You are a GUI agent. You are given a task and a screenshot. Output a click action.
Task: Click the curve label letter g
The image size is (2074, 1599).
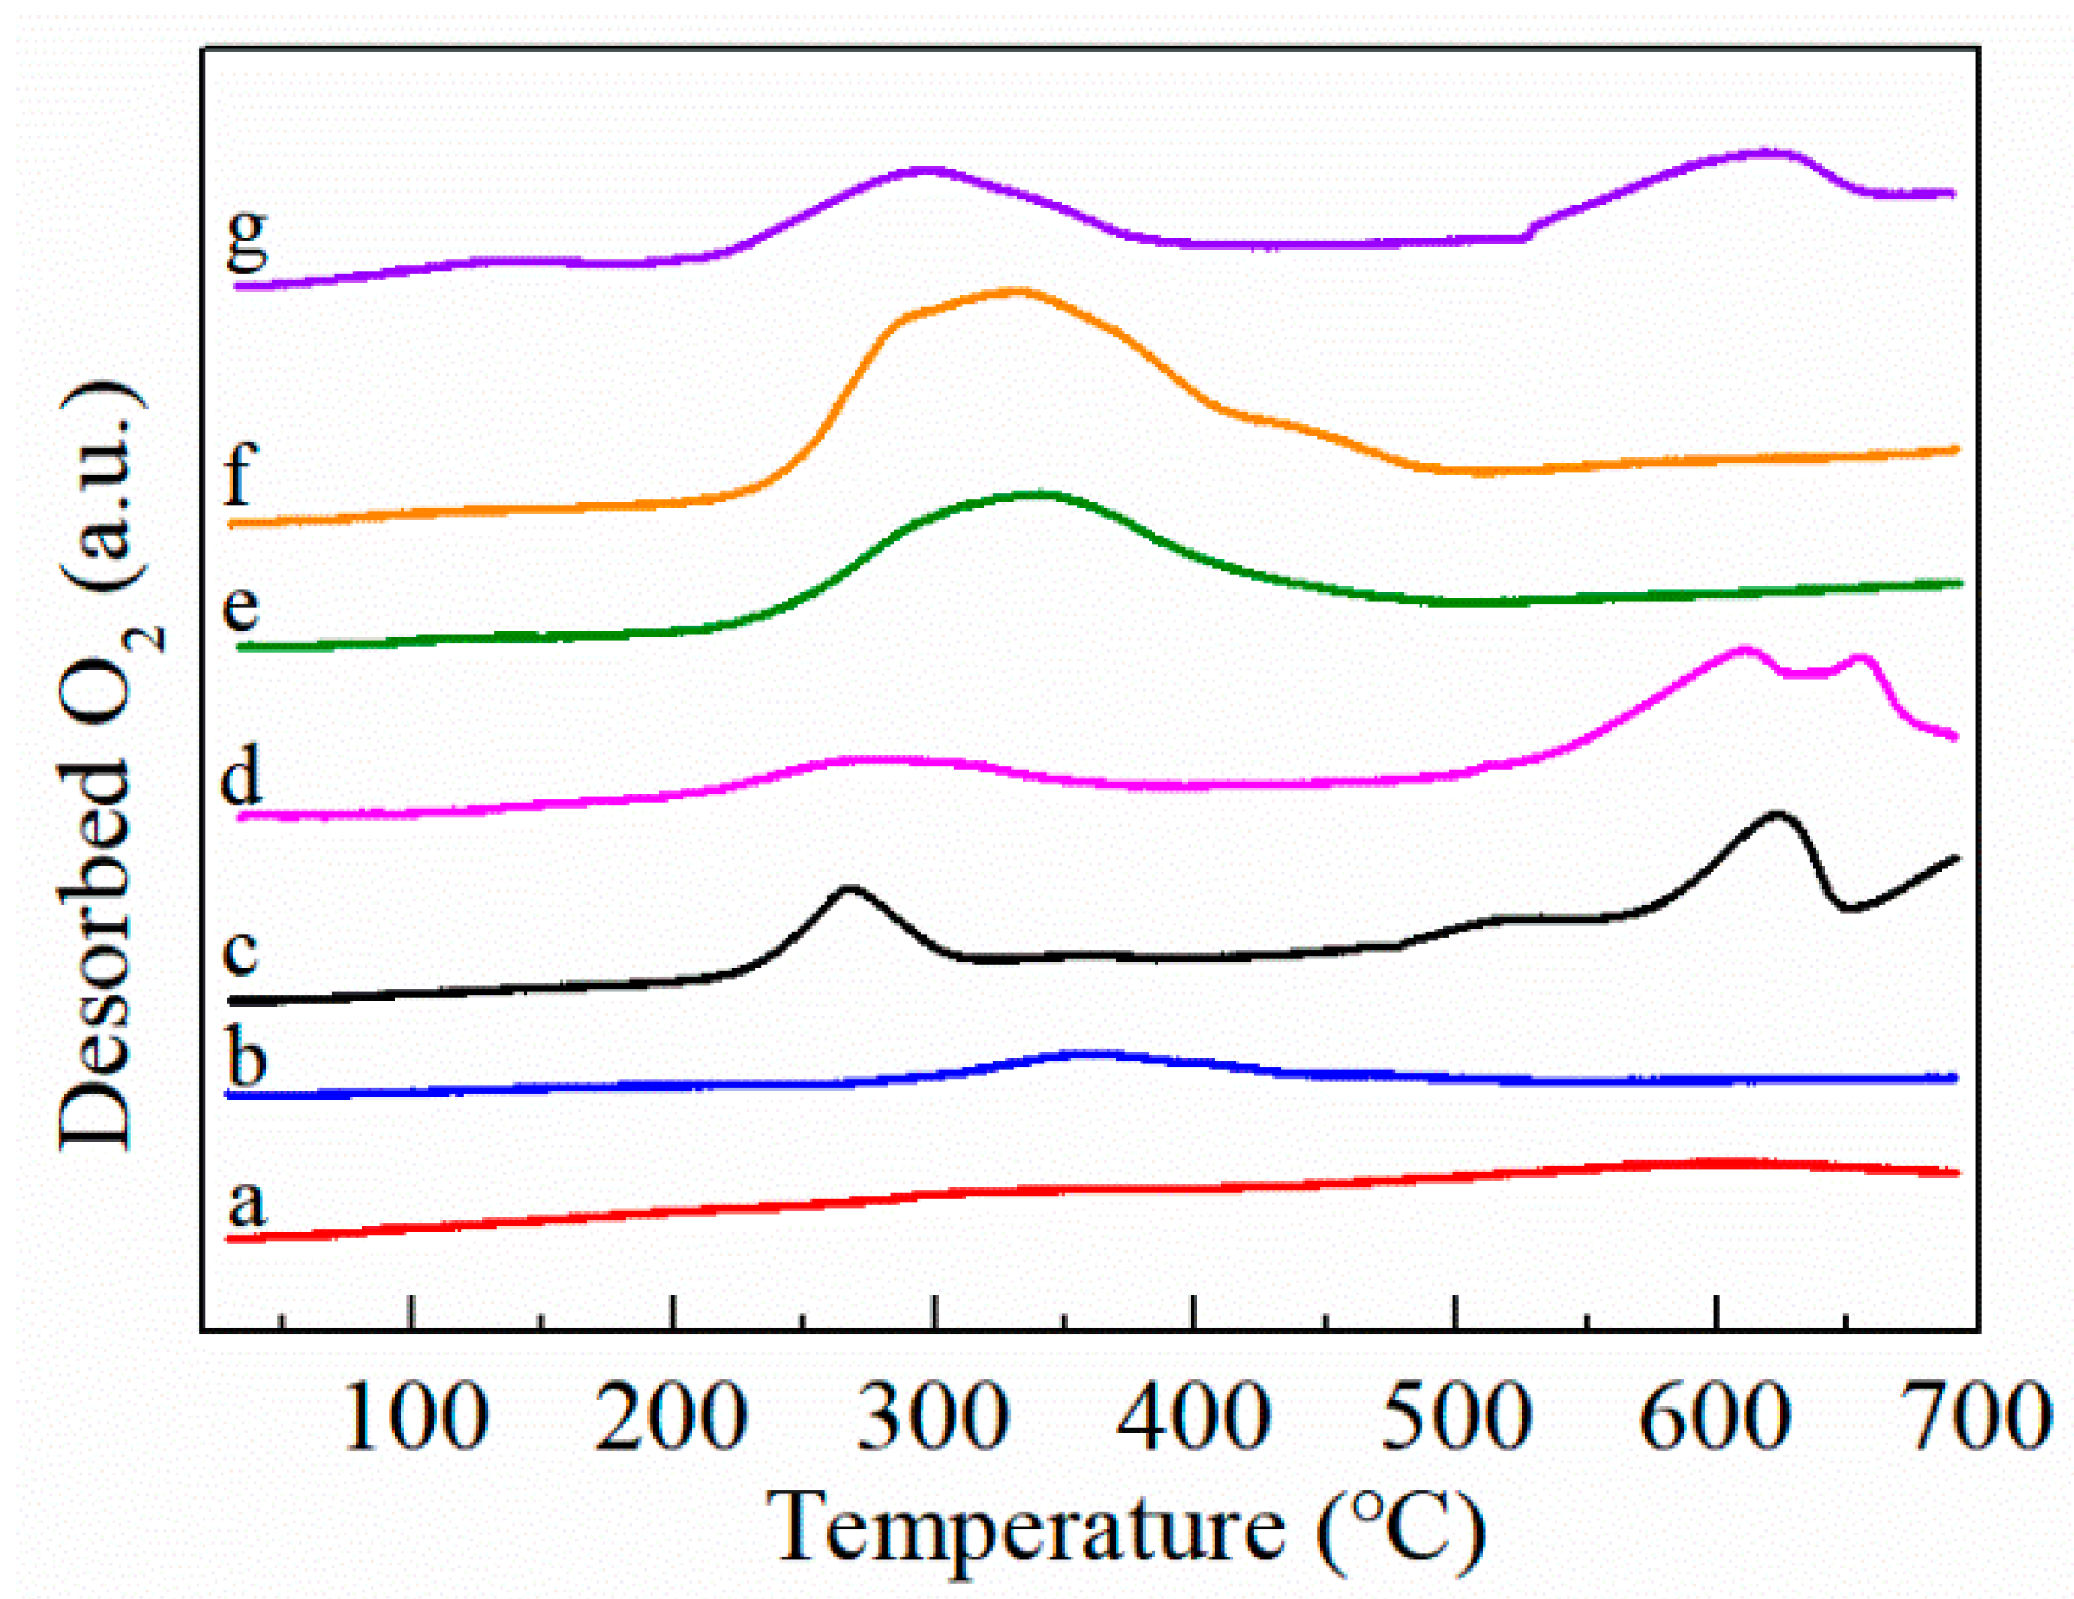247,242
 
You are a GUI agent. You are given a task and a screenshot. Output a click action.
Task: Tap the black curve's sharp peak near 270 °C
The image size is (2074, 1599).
850,889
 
